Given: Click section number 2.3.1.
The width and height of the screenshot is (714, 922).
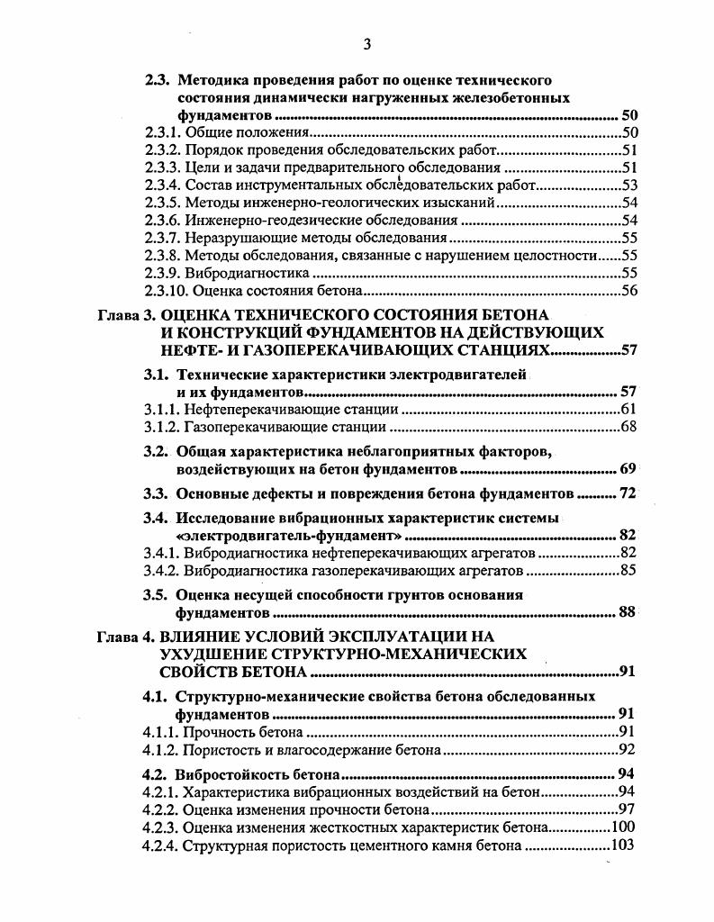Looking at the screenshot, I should tap(162, 133).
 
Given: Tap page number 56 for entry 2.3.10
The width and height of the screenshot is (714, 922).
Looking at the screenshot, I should tap(628, 290).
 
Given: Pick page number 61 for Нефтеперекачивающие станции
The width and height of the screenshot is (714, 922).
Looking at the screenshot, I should tap(628, 410).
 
